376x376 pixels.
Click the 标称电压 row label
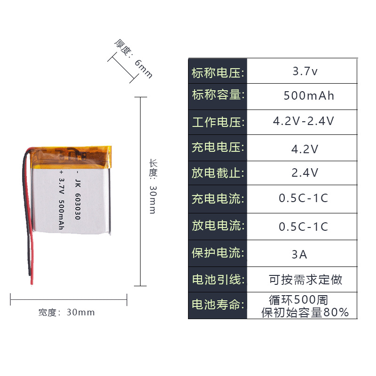[x=218, y=73]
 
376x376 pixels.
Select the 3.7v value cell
[x=305, y=72]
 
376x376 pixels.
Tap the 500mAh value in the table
[x=309, y=96]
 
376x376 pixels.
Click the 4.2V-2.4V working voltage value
[x=304, y=121]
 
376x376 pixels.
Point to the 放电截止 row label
[x=218, y=173]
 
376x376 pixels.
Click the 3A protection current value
[x=299, y=254]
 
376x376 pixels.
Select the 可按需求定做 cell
[x=305, y=280]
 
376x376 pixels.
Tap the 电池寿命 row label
[x=218, y=305]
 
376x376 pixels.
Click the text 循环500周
[x=298, y=299]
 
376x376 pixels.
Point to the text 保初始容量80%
[x=305, y=312]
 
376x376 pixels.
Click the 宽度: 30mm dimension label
[x=67, y=312]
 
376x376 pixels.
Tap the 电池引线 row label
[x=218, y=280]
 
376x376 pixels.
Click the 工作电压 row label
[x=218, y=122]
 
